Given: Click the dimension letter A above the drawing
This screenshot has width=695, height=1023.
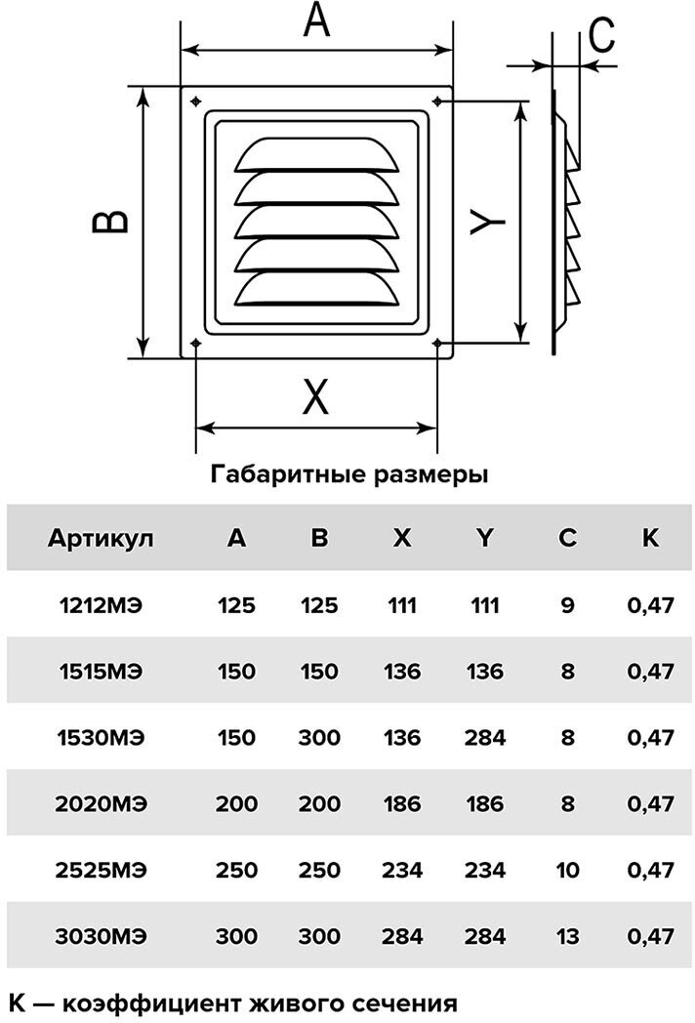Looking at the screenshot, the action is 316,21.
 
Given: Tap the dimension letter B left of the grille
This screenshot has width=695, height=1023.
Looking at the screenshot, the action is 110,222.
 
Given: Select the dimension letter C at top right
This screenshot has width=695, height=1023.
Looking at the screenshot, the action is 602,37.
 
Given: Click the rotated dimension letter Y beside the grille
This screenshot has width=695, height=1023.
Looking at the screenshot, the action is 485,221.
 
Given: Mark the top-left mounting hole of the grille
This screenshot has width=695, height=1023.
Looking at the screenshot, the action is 196,101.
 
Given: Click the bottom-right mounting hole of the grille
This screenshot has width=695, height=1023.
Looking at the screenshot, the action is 436,343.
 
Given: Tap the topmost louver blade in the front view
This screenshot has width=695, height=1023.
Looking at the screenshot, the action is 318,155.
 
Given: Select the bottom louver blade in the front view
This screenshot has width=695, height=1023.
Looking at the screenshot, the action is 318,287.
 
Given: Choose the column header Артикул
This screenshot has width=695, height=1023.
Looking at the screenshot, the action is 101,537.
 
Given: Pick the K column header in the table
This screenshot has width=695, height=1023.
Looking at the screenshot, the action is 651,537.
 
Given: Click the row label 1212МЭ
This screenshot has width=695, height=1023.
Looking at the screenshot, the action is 101,605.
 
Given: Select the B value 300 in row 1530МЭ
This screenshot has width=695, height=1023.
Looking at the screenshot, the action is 319,738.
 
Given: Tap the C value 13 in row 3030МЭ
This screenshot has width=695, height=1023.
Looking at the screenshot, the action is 568,937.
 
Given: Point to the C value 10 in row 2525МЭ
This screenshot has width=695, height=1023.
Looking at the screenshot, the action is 568,871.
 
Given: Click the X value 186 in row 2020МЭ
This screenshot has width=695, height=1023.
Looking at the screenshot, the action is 402,804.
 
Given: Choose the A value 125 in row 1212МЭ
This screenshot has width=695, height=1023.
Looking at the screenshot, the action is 236,605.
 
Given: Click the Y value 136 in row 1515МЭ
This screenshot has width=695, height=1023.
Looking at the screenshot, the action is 485,672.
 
